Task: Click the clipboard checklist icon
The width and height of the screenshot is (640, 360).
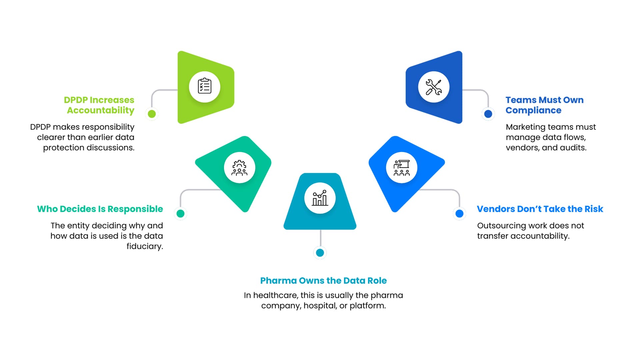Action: tap(204, 87)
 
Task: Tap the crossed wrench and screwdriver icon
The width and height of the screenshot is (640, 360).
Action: tap(434, 87)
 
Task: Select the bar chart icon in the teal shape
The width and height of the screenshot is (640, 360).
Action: tap(320, 198)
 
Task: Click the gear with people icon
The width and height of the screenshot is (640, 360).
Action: tap(239, 168)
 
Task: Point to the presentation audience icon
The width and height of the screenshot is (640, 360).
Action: tap(401, 168)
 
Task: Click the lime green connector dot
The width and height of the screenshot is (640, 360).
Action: tap(152, 114)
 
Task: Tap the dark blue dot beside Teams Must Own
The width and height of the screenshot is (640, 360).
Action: tap(488, 114)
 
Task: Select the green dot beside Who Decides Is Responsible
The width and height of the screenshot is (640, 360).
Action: tap(180, 213)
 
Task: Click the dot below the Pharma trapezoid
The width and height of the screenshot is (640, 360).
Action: tap(320, 253)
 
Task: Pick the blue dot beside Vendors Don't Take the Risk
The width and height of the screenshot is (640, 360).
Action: tap(459, 213)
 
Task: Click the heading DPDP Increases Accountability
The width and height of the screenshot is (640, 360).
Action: tap(99, 105)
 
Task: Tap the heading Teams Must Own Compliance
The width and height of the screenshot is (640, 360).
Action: tap(544, 105)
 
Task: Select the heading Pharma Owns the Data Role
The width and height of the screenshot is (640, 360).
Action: tap(323, 281)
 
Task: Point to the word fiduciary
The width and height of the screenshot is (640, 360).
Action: tap(145, 246)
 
